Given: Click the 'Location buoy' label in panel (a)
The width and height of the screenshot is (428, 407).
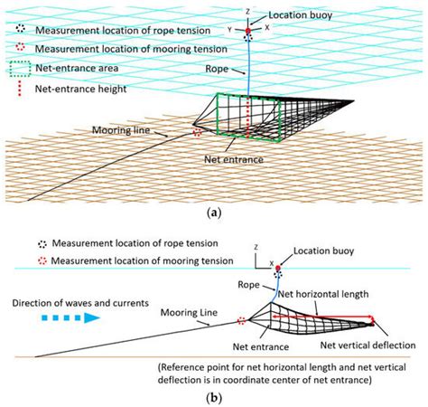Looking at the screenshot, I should coord(294,17).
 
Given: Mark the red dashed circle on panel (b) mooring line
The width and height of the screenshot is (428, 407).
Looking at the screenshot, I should coord(241,320).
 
